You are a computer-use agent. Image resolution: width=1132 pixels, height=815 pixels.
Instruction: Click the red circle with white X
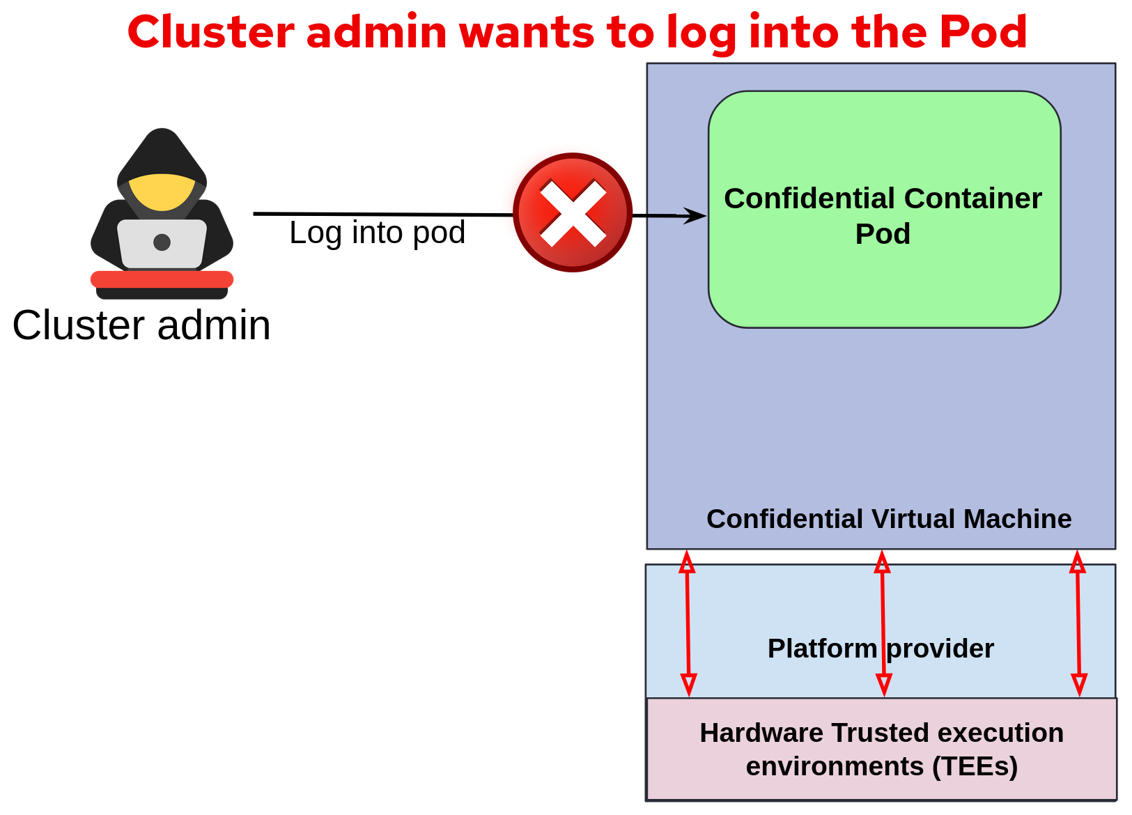click(x=573, y=212)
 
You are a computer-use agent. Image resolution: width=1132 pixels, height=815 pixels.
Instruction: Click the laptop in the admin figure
click(x=162, y=243)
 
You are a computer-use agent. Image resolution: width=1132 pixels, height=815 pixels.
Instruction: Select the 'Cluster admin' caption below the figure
click(x=141, y=325)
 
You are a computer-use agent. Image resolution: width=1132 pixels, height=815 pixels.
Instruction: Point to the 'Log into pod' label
click(x=377, y=233)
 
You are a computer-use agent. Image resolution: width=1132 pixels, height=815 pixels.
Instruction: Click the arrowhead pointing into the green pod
click(x=694, y=215)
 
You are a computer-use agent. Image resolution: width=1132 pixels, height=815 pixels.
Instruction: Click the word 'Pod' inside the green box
click(x=883, y=234)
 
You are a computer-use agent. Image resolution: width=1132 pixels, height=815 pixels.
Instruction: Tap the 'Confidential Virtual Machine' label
click(x=889, y=519)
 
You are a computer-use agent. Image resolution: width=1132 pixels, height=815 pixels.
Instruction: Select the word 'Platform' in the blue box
click(x=822, y=649)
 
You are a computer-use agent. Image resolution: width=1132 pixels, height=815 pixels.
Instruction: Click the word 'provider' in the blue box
click(x=940, y=649)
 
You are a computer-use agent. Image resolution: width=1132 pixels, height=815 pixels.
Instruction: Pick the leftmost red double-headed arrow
click(x=688, y=623)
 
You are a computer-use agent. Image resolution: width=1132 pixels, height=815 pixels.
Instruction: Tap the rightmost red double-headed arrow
click(x=1078, y=623)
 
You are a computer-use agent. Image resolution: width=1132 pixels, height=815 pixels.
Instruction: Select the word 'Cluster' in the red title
click(x=210, y=32)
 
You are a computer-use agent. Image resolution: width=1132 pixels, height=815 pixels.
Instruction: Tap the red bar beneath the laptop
click(x=162, y=279)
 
